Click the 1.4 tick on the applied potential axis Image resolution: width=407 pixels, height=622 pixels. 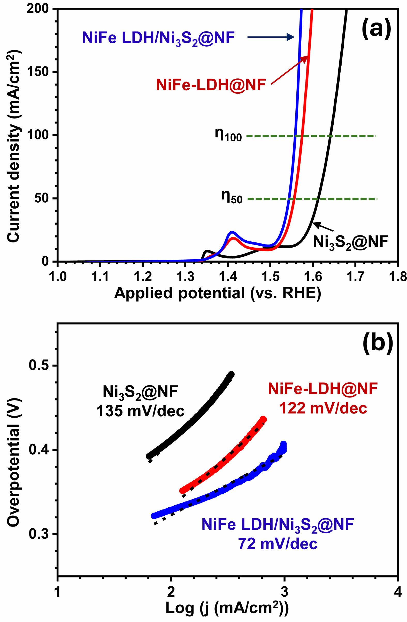pyautogui.click(x=228, y=277)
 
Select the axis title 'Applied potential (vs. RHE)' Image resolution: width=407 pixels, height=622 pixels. pyautogui.click(x=217, y=293)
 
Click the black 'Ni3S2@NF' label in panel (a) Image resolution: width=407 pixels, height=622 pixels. pyautogui.click(x=350, y=242)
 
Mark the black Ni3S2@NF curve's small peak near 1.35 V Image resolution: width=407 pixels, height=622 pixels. pyautogui.click(x=207, y=251)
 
